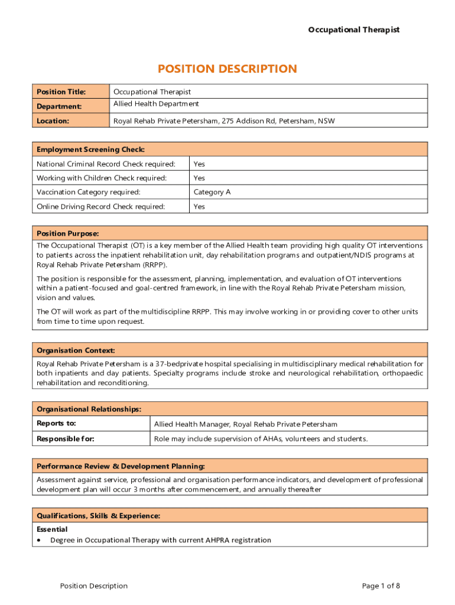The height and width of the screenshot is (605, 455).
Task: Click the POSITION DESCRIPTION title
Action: pyautogui.click(x=227, y=69)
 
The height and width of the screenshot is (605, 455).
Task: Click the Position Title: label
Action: pyautogui.click(x=61, y=92)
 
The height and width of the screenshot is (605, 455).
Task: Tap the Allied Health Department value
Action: pyautogui.click(x=156, y=104)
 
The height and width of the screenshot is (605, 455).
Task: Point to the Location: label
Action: pyautogui.click(x=53, y=121)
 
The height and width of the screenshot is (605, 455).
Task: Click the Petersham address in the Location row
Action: pyautogui.click(x=224, y=121)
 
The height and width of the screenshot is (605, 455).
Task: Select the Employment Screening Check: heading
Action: pyautogui.click(x=90, y=149)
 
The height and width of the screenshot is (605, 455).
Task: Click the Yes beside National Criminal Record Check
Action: pyautogui.click(x=199, y=164)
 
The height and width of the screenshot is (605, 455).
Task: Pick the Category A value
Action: pyautogui.click(x=212, y=192)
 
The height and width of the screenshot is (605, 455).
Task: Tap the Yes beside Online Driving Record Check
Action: pyautogui.click(x=199, y=206)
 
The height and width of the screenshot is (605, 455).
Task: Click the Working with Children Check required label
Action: pyautogui.click(x=102, y=178)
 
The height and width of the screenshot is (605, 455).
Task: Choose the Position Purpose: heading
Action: pyautogui.click(x=67, y=233)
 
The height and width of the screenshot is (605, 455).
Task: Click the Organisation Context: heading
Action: pyautogui.click(x=76, y=350)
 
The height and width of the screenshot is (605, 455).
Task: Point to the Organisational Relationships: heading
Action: pyautogui.click(x=89, y=409)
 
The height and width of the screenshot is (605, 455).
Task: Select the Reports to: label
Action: pyautogui.click(x=56, y=424)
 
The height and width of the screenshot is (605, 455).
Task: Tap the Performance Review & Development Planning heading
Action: pyautogui.click(x=121, y=466)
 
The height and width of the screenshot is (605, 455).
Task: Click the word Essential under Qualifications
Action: pyautogui.click(x=52, y=529)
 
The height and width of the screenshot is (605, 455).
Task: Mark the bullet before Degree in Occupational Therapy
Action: pyautogui.click(x=39, y=540)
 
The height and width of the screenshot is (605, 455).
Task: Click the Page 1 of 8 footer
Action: pyautogui.click(x=381, y=586)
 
